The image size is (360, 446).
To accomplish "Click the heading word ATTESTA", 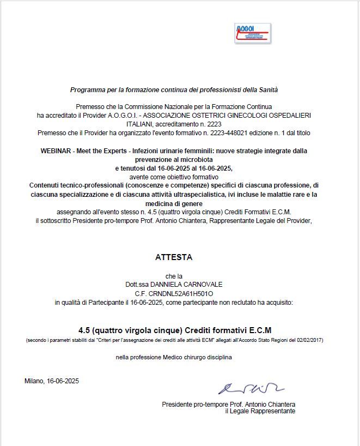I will point(174,257).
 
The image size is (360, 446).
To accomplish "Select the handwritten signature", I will point(251,388).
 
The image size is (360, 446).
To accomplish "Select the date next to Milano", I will point(63,381).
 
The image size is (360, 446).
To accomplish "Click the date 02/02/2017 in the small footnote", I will point(310,340).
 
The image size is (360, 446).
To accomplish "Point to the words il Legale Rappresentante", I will point(260,411).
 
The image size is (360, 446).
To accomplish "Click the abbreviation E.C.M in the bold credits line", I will point(260,330).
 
